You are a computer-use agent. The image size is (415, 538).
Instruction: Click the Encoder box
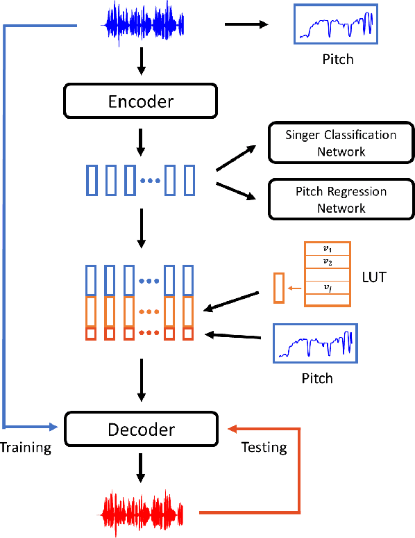[141, 101]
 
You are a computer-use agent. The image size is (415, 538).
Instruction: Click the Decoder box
[141, 429]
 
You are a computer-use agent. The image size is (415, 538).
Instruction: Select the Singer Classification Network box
[341, 142]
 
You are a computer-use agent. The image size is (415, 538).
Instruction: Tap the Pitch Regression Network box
[341, 199]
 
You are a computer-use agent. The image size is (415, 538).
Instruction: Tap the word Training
[26, 447]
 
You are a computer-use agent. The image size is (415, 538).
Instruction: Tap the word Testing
[264, 447]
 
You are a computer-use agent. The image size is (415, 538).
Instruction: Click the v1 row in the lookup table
[328, 248]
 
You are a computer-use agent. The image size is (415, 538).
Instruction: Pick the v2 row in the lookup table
[328, 261]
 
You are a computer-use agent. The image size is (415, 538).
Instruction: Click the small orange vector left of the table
[278, 288]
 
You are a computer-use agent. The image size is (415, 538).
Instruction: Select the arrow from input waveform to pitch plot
[246, 25]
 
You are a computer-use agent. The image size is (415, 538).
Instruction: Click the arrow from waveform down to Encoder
[142, 63]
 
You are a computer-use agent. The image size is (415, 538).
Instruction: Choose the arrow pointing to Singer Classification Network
[236, 158]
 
